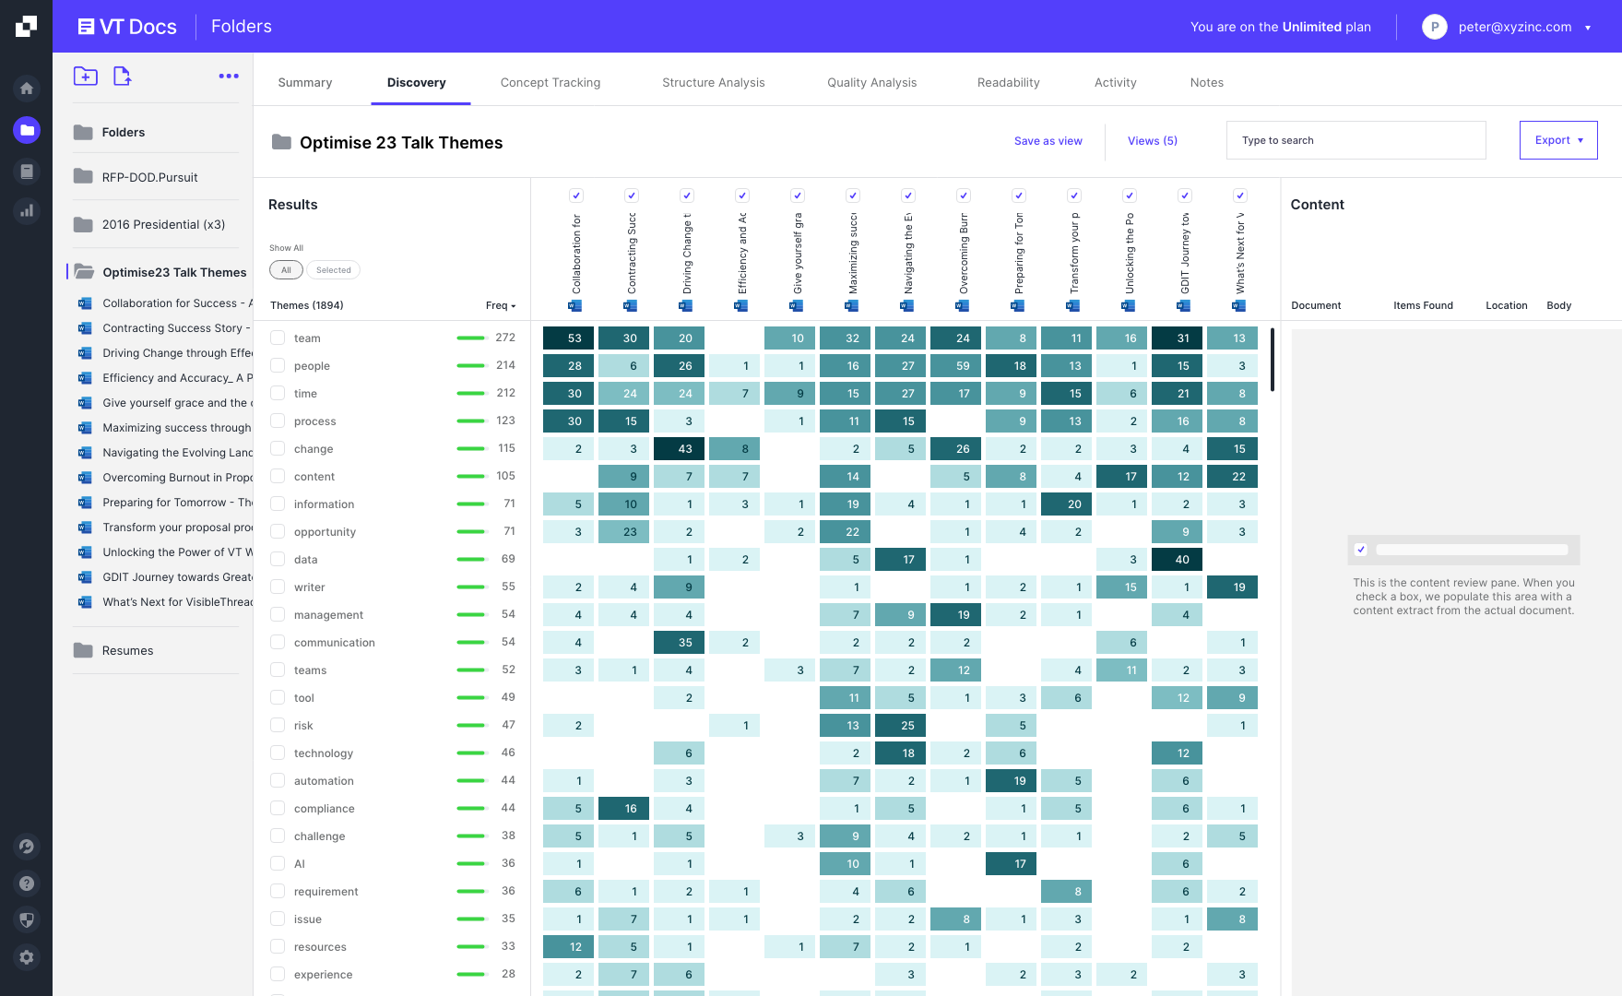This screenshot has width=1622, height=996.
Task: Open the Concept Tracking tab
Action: click(550, 83)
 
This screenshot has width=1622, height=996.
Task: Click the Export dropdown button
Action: click(1557, 140)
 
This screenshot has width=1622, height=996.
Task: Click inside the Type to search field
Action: click(1356, 140)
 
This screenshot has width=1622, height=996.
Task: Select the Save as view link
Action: click(1048, 141)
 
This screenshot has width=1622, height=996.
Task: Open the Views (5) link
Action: click(1152, 141)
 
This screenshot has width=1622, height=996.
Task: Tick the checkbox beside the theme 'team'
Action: click(278, 338)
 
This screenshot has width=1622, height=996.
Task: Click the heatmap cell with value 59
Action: click(962, 366)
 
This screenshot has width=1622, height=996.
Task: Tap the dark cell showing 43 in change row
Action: click(685, 449)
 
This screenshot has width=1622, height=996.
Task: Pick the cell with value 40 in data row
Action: click(1182, 560)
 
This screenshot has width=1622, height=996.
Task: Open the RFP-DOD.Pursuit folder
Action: click(149, 177)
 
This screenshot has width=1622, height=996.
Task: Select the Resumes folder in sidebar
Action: click(127, 650)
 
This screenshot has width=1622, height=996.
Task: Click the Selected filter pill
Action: click(333, 270)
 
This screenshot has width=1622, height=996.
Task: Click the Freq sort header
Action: click(501, 305)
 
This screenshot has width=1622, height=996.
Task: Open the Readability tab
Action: click(1008, 83)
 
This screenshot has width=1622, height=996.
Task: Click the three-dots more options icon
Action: click(229, 77)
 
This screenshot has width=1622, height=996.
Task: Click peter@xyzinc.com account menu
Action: click(1514, 27)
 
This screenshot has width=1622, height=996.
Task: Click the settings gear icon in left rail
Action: click(27, 957)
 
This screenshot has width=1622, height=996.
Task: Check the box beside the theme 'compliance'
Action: click(278, 809)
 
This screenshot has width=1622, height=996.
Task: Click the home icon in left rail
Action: click(27, 89)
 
